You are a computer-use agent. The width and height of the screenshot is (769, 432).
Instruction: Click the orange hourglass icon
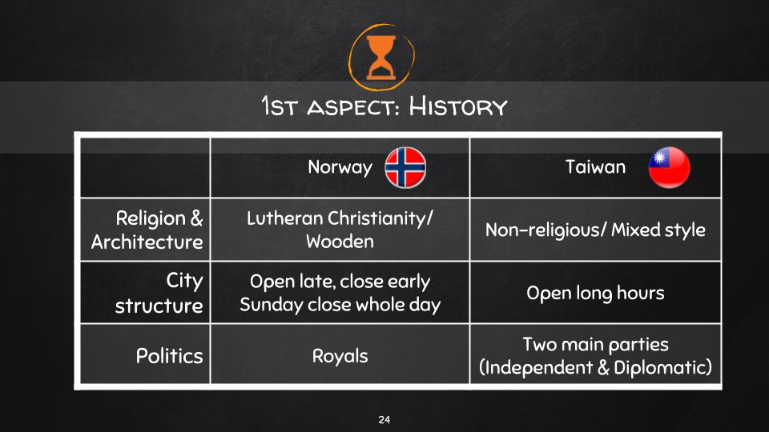coord(381,58)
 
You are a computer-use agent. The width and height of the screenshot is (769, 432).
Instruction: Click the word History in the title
coord(458,106)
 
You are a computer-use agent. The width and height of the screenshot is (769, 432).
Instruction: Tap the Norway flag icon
coord(405,167)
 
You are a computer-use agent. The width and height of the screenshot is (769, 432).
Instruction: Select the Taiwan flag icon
coord(669,167)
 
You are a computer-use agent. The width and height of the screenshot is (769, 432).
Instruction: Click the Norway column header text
coord(340,167)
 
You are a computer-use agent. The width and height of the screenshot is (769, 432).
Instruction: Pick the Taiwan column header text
coord(595,167)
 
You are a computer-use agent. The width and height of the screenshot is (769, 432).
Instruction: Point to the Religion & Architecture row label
coord(147,230)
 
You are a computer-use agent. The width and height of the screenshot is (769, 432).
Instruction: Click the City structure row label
coord(159,293)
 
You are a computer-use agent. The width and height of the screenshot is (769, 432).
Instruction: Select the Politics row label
coord(169,356)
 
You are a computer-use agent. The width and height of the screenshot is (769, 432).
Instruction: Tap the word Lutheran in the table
coord(284,218)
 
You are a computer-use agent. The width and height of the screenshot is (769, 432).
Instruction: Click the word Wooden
coord(340,242)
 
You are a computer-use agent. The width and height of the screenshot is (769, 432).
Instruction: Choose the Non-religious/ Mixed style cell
coord(595,230)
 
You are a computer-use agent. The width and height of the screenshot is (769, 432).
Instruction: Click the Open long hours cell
coord(595,293)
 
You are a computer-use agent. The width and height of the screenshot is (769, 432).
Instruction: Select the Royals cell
coord(340,356)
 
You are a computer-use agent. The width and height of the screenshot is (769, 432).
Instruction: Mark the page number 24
coord(384,420)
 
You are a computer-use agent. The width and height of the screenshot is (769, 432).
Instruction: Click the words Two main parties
coord(595,344)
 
